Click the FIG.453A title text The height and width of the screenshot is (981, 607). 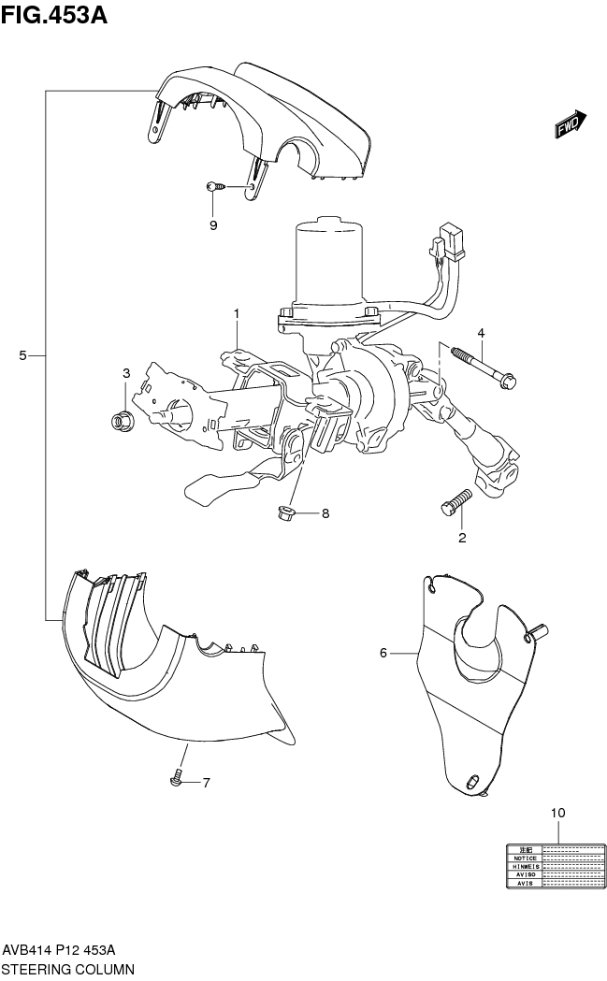click(x=55, y=15)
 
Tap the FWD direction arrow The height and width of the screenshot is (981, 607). click(x=570, y=124)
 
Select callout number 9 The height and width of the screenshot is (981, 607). click(x=213, y=225)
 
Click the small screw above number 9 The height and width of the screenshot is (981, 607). click(x=214, y=187)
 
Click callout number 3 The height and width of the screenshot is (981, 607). click(x=126, y=374)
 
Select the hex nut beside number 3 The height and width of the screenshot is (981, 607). click(x=121, y=420)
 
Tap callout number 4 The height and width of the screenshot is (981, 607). click(x=481, y=333)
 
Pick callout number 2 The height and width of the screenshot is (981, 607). click(x=462, y=538)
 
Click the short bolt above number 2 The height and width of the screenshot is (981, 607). click(x=455, y=502)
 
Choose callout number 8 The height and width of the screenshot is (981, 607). click(x=325, y=512)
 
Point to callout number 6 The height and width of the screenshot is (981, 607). click(x=383, y=653)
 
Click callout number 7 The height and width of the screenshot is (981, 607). click(x=207, y=782)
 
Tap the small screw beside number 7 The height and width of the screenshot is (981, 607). click(x=176, y=780)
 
